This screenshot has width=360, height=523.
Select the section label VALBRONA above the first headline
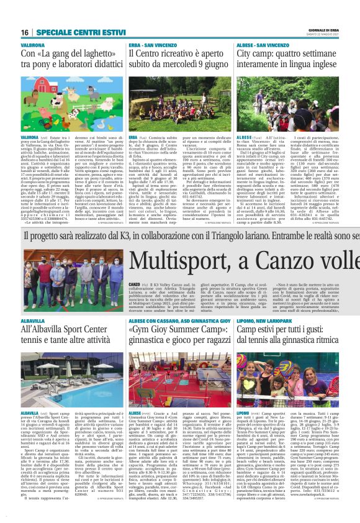pyautogui.click(x=32, y=46)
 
